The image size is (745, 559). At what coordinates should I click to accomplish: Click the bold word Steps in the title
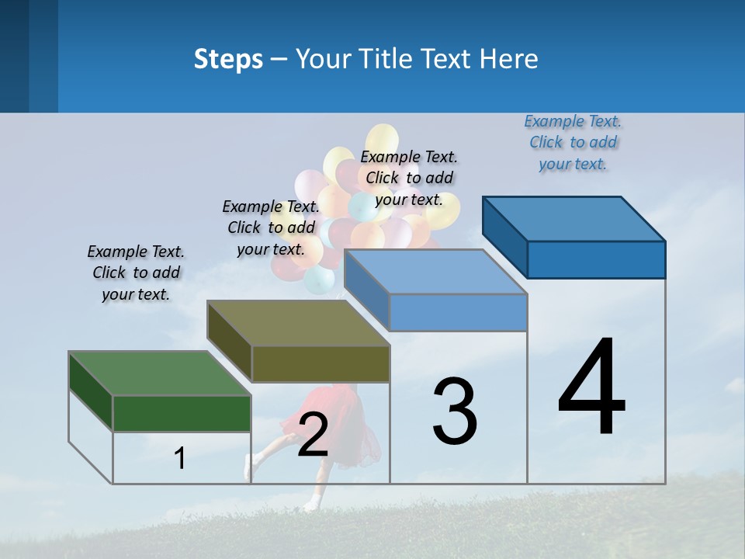tap(228, 59)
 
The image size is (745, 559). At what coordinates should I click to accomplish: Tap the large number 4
tap(591, 387)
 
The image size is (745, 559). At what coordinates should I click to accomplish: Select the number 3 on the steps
tap(455, 411)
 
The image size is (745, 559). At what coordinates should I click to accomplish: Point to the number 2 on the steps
tap(313, 435)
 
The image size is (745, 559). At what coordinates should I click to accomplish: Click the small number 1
tap(180, 458)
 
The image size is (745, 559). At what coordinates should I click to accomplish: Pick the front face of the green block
tap(182, 413)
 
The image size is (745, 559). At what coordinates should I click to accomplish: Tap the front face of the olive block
tap(321, 363)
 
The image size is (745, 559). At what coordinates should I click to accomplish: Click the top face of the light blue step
tap(435, 272)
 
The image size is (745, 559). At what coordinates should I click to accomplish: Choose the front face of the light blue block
tap(458, 312)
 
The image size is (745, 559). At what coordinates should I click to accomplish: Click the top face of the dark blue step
tap(574, 218)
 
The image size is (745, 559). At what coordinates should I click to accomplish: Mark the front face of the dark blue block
tap(596, 259)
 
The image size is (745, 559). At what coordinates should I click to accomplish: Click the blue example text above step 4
tap(573, 142)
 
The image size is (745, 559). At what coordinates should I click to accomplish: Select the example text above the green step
tap(136, 273)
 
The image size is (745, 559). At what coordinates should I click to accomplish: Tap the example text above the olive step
tap(271, 227)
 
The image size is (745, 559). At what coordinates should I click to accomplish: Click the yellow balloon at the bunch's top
tap(383, 140)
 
